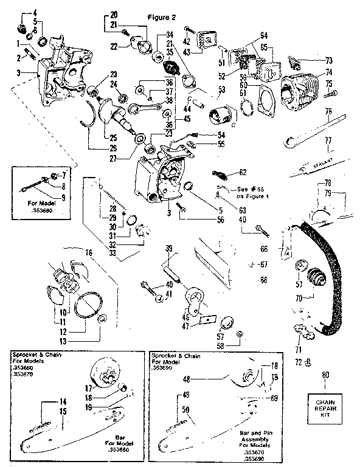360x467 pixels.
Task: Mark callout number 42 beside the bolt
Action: click(x=186, y=41)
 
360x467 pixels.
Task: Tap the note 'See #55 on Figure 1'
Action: click(x=246, y=192)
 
